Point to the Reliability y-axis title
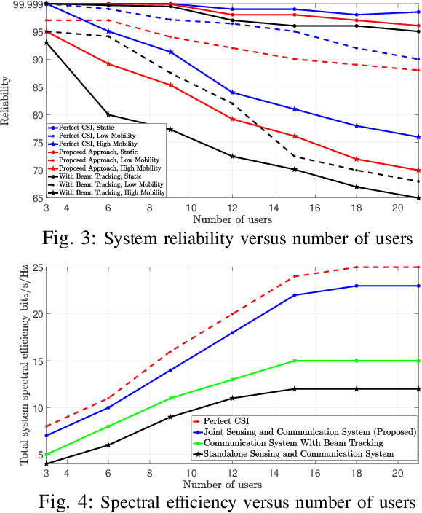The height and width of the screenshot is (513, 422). point(7,101)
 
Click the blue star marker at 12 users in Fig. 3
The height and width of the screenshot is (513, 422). point(232,93)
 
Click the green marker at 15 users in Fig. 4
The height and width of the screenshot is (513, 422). point(295,361)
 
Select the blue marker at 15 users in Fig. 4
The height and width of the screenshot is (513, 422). point(295,295)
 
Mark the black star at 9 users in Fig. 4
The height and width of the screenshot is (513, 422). point(170,417)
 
